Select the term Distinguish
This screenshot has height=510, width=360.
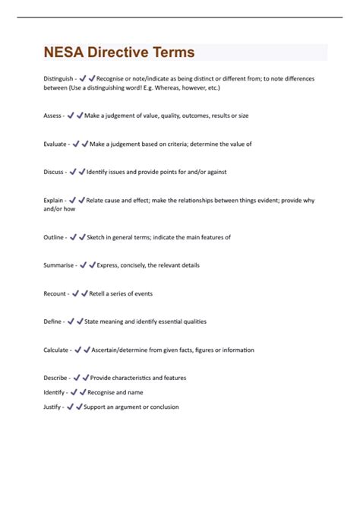(58, 78)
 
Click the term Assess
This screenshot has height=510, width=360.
(52, 116)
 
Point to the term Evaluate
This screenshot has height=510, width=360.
(55, 144)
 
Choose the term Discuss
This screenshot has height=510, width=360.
(54, 172)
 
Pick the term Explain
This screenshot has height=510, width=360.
(54, 201)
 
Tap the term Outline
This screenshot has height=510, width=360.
(54, 237)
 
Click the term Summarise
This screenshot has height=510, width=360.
(59, 265)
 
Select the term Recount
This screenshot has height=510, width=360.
(55, 293)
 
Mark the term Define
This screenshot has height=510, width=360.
(52, 322)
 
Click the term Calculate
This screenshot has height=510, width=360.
(57, 350)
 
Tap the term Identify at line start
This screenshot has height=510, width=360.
(54, 392)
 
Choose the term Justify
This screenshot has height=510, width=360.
(53, 407)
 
